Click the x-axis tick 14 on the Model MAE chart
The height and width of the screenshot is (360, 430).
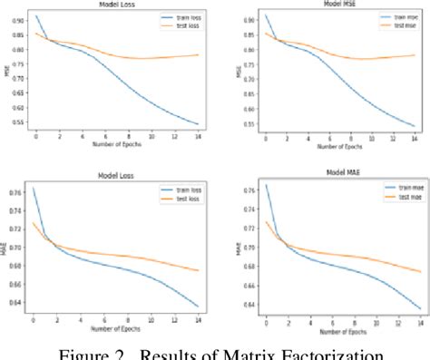(413, 322)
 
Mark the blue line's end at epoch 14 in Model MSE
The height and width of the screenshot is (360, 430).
(415, 125)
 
